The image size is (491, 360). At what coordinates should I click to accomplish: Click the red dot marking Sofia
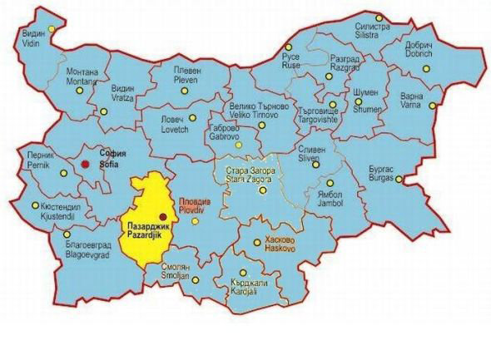pos(84,165)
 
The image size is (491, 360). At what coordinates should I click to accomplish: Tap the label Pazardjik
pos(145,230)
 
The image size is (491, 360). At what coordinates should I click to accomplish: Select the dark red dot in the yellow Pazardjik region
pos(161,217)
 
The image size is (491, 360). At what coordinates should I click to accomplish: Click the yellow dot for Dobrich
pos(428,69)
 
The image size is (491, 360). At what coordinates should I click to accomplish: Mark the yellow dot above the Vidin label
pos(52,30)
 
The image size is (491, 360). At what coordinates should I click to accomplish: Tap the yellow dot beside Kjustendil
pos(33,205)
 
